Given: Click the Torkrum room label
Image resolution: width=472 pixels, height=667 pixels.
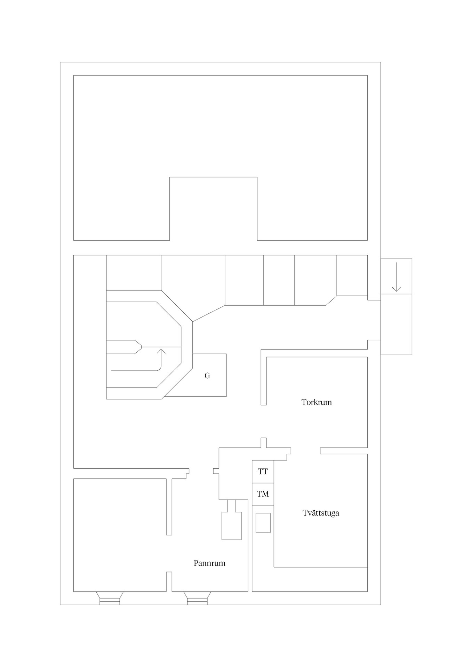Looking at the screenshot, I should click(316, 402).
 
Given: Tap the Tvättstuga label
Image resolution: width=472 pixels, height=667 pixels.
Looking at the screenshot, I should click(321, 513).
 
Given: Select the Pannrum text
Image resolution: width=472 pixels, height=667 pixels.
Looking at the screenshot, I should click(209, 563).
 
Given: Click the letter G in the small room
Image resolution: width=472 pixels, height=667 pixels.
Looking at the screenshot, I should click(207, 376).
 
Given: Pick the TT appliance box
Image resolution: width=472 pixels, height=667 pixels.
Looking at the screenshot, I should click(263, 472).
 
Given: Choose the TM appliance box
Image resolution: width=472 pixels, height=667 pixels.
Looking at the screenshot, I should click(263, 494).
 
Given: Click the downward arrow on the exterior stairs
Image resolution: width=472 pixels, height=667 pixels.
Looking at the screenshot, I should click(396, 277).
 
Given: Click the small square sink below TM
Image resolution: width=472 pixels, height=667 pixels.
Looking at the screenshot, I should click(263, 523).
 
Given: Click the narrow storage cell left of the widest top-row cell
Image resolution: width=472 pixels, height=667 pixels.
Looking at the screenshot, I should click(279, 280).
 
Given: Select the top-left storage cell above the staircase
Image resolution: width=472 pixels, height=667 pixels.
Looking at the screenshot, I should click(134, 273).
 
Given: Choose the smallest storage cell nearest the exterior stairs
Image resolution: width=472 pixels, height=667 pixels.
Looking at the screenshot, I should click(352, 275).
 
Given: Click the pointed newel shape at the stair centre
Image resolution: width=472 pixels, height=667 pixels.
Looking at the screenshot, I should click(136, 347).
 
